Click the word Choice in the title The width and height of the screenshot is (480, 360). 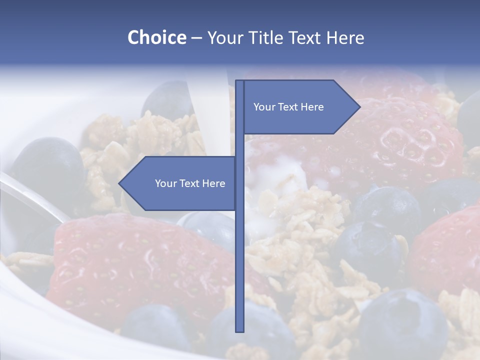tap(156, 37)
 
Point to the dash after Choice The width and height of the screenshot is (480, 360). tap(196, 38)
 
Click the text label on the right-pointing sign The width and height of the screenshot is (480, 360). tap(288, 107)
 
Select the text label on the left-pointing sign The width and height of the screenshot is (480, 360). tap(190, 183)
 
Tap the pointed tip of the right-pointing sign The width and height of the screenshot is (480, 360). tap(359, 106)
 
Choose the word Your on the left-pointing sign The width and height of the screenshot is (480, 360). tap(165, 183)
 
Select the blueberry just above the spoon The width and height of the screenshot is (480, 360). tap(47, 162)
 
